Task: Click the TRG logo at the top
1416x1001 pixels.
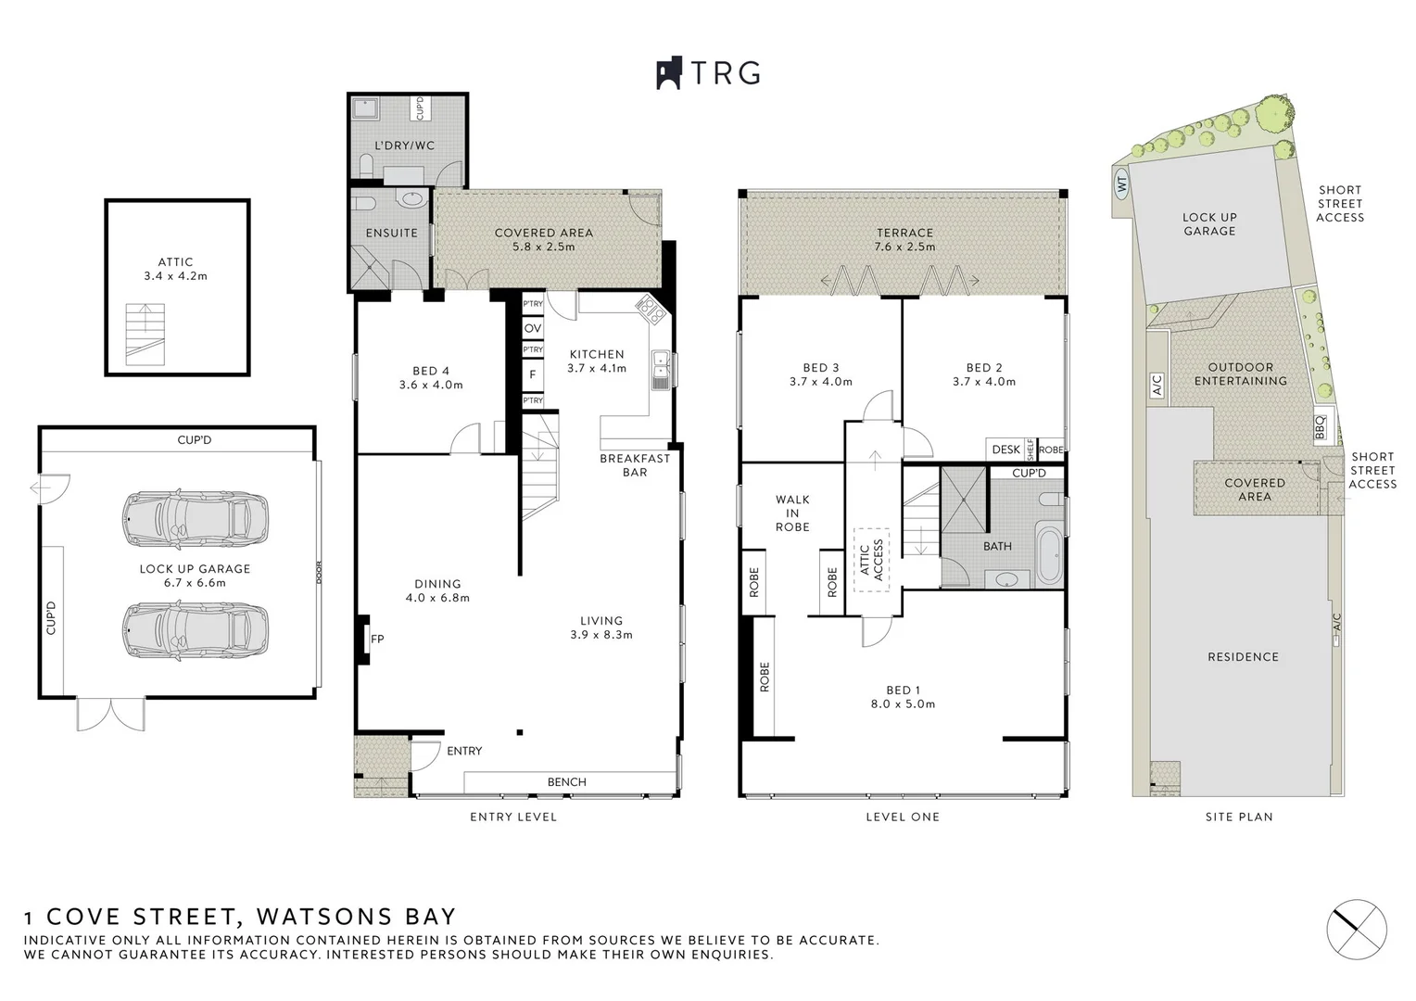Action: point(709,73)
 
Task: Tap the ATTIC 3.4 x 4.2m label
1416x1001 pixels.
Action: point(175,269)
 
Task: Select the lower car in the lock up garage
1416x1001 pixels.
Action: point(196,631)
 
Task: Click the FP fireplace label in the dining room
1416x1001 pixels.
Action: point(377,639)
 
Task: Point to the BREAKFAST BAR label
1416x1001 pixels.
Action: point(635,465)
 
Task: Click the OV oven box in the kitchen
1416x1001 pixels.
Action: point(533,328)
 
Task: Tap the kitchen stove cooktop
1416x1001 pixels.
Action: point(650,309)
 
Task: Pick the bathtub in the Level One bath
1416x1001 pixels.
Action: point(1047,555)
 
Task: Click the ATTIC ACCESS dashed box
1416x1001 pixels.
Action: point(871,560)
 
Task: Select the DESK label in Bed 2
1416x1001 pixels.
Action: point(1005,450)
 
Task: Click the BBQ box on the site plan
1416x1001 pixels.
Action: point(1321,427)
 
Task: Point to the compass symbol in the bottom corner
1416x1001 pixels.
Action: point(1357,929)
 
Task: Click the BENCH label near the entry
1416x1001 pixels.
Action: point(566,782)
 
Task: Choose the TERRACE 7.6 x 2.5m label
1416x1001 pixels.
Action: point(905,240)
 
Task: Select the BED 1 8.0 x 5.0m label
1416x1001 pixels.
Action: point(904,697)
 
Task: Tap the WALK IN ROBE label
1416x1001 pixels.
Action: point(792,513)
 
